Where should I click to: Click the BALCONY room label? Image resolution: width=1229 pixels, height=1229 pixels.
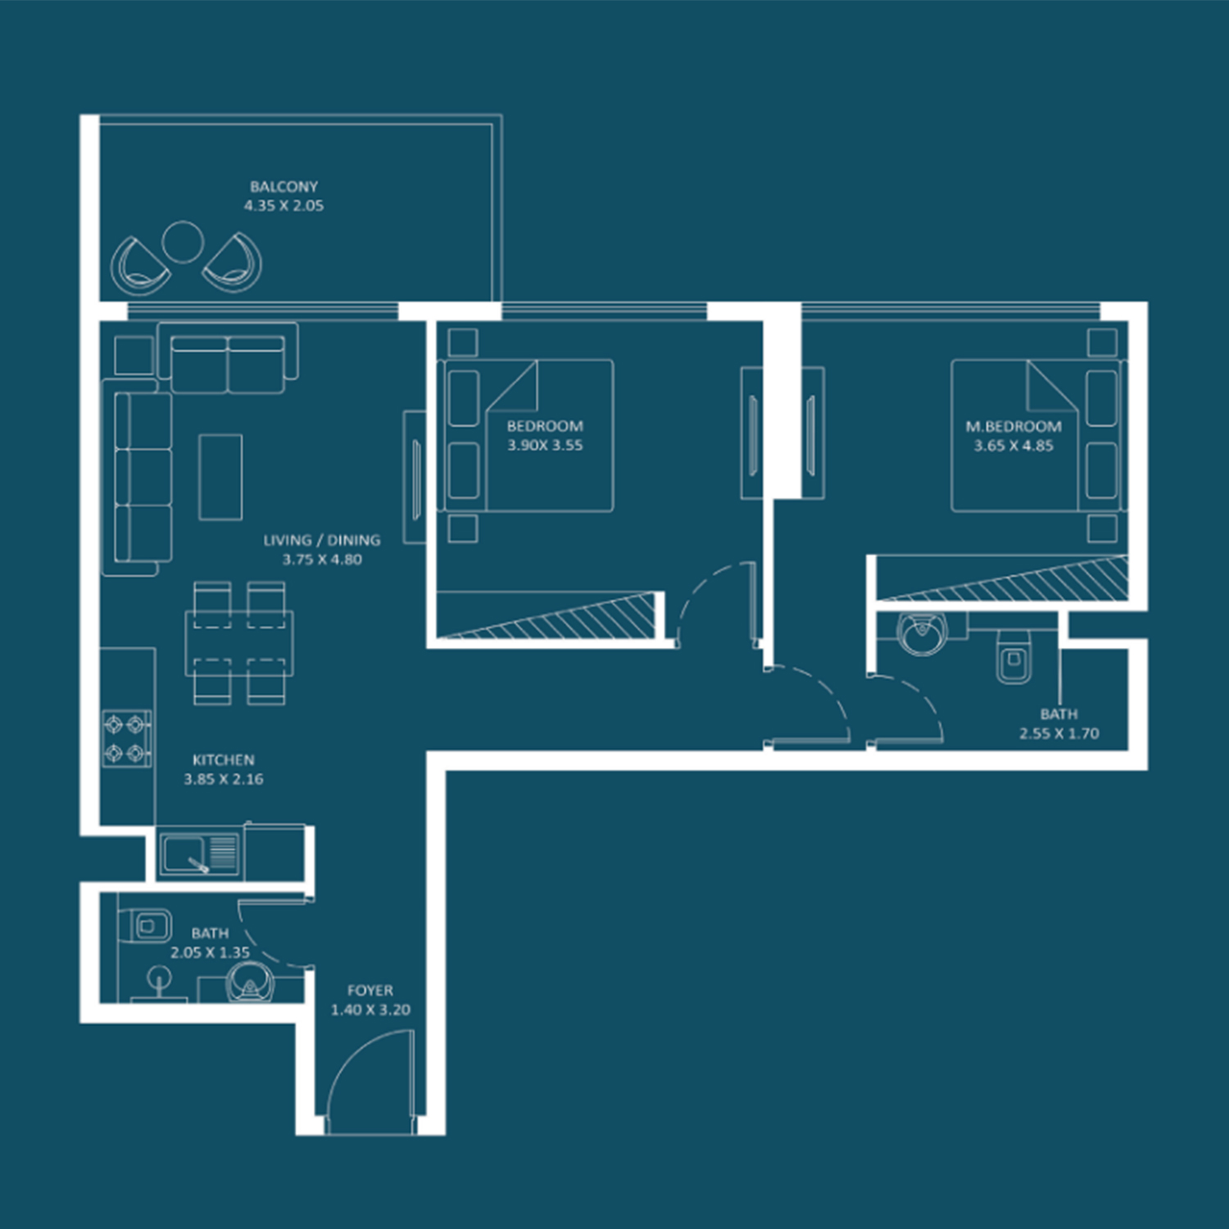coord(283,187)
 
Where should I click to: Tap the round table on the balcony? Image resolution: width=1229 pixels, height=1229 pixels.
coord(183,242)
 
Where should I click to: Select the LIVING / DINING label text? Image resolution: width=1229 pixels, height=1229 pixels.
coord(322,540)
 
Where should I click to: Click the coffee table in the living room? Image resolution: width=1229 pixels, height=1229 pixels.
coord(220,477)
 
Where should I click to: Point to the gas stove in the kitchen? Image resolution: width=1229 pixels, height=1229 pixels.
coord(127,738)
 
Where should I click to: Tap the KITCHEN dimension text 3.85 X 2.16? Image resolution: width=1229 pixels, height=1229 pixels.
coord(224,779)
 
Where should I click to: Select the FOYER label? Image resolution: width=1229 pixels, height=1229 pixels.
coord(370,991)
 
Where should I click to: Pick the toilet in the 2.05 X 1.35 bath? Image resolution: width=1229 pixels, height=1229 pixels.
coord(151,927)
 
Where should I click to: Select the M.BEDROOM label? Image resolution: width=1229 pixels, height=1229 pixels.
coord(1014,426)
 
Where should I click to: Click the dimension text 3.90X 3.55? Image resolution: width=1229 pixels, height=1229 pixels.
coord(545,446)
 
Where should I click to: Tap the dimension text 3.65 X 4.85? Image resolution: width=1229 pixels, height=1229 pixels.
coord(1014,446)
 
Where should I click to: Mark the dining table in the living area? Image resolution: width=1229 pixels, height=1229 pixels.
coord(239,643)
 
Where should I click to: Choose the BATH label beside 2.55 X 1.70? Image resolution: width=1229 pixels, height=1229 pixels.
coord(1059,714)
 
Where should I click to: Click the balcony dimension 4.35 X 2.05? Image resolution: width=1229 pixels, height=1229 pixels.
coord(283,206)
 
